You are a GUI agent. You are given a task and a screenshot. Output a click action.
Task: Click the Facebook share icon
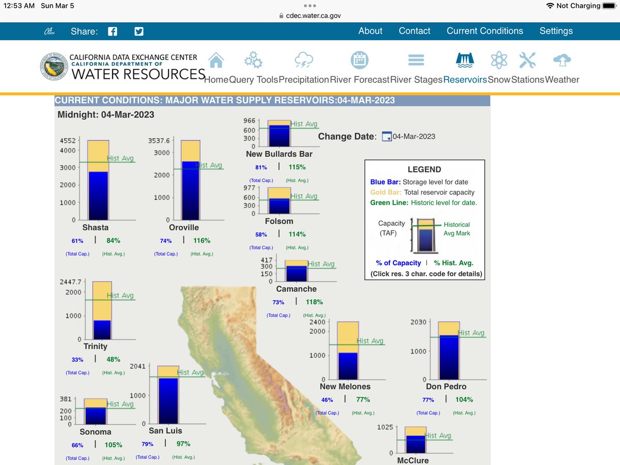tap(113, 31)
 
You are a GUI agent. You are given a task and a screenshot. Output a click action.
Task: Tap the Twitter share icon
tap(138, 31)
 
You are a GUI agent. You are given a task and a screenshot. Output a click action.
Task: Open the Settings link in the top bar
tap(556, 31)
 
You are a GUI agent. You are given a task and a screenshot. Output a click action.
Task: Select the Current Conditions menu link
tap(485, 31)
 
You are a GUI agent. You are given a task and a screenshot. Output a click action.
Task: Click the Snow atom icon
tap(499, 60)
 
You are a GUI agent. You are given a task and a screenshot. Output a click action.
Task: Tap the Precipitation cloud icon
tap(303, 60)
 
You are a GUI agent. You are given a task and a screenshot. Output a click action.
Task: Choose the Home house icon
tap(216, 60)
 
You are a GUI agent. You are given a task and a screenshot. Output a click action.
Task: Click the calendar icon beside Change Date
tap(386, 137)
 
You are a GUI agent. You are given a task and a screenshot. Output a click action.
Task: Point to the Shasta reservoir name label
tap(95, 227)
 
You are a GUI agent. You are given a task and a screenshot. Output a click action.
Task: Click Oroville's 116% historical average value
tap(202, 241)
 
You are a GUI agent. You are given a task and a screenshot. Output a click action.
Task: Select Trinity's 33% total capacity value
tap(77, 360)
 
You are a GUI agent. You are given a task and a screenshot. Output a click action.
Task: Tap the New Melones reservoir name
tap(345, 386)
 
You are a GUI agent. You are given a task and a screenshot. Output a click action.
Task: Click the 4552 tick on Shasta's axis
tap(68, 141)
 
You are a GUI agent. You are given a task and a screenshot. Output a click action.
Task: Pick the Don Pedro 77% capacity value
tap(428, 399)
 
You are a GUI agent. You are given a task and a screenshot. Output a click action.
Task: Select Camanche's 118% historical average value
tap(314, 302)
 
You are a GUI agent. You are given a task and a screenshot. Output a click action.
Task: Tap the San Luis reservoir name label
tap(165, 430)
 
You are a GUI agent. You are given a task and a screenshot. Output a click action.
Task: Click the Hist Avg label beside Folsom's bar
tap(304, 196)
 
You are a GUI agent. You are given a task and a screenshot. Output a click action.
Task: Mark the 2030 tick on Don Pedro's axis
tap(419, 322)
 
